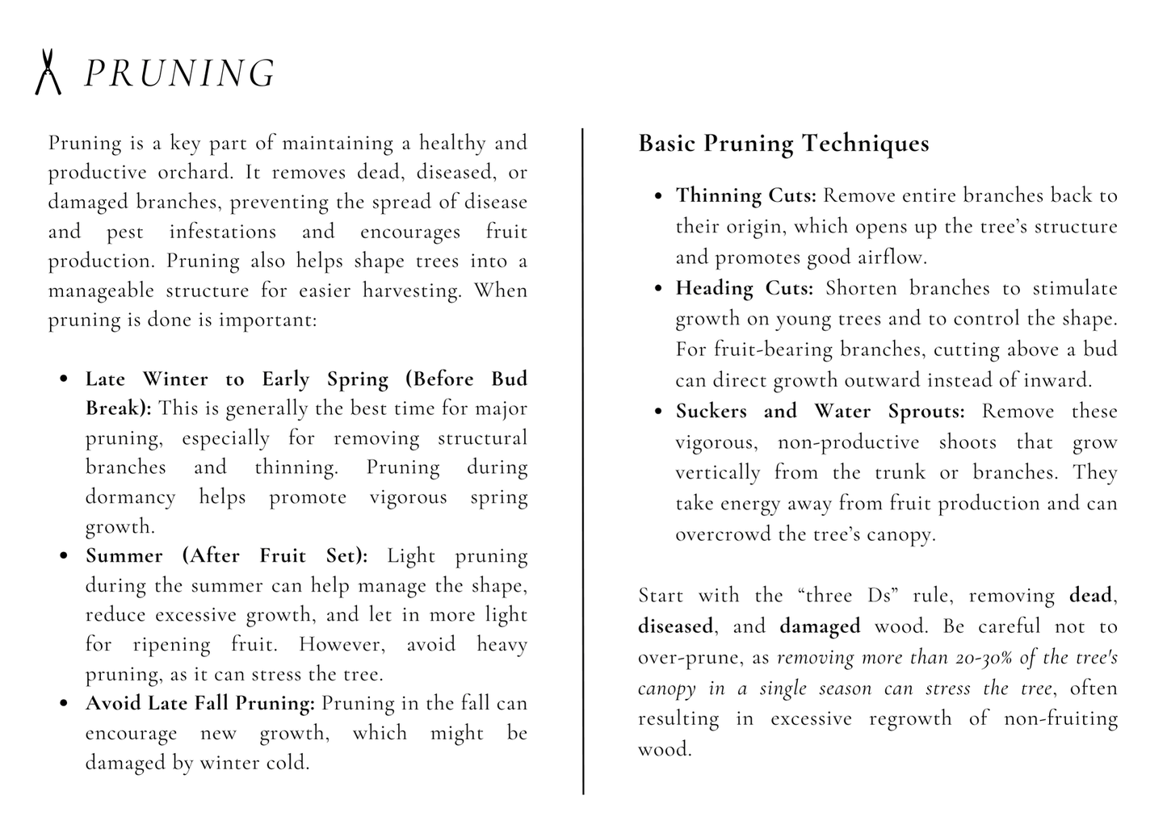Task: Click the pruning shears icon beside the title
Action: click(x=48, y=72)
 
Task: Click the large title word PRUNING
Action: click(x=180, y=73)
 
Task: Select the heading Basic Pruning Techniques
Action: click(x=783, y=144)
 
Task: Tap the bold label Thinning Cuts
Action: click(x=746, y=195)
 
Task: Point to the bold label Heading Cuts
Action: click(x=744, y=288)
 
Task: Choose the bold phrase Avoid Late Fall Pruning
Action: click(x=200, y=703)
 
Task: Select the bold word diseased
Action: click(x=675, y=626)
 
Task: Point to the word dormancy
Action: click(x=130, y=496)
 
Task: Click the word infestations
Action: click(x=222, y=232)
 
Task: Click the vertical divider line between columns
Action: click(x=583, y=460)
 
